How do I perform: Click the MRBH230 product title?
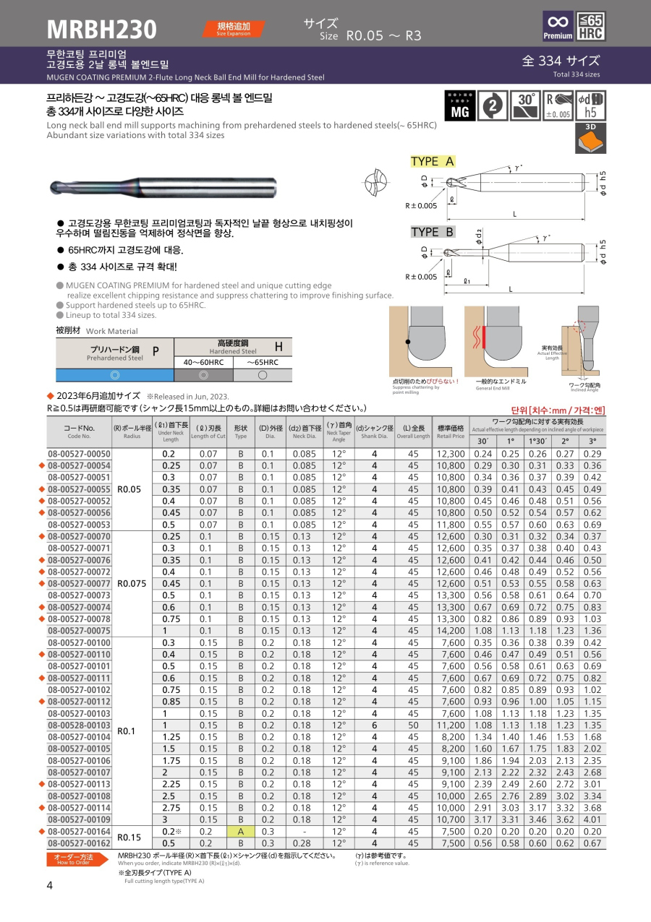(x=101, y=29)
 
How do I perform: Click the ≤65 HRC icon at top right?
(x=591, y=27)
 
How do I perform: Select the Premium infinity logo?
(x=558, y=27)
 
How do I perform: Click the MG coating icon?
(x=460, y=105)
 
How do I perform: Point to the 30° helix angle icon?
(x=525, y=105)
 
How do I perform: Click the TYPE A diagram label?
(x=433, y=161)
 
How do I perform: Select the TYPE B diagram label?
(x=433, y=232)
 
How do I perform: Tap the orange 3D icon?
(x=590, y=137)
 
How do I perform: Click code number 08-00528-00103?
(x=79, y=725)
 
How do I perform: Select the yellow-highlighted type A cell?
(x=241, y=831)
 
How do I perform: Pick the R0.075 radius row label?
(x=132, y=583)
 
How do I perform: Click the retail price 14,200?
(x=451, y=630)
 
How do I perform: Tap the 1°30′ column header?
(x=537, y=441)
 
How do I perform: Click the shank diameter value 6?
(x=375, y=725)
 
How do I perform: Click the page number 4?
(x=50, y=887)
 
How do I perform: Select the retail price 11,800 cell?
(x=451, y=524)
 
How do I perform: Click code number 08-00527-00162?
(x=79, y=843)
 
